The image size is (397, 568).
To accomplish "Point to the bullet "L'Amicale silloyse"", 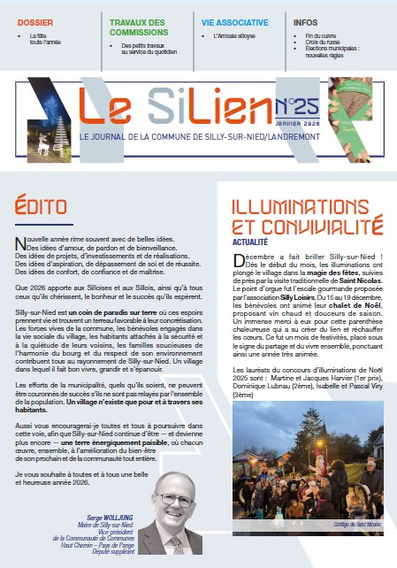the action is pos(238,37).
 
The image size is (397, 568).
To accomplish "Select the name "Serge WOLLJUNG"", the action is pos(110,514).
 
